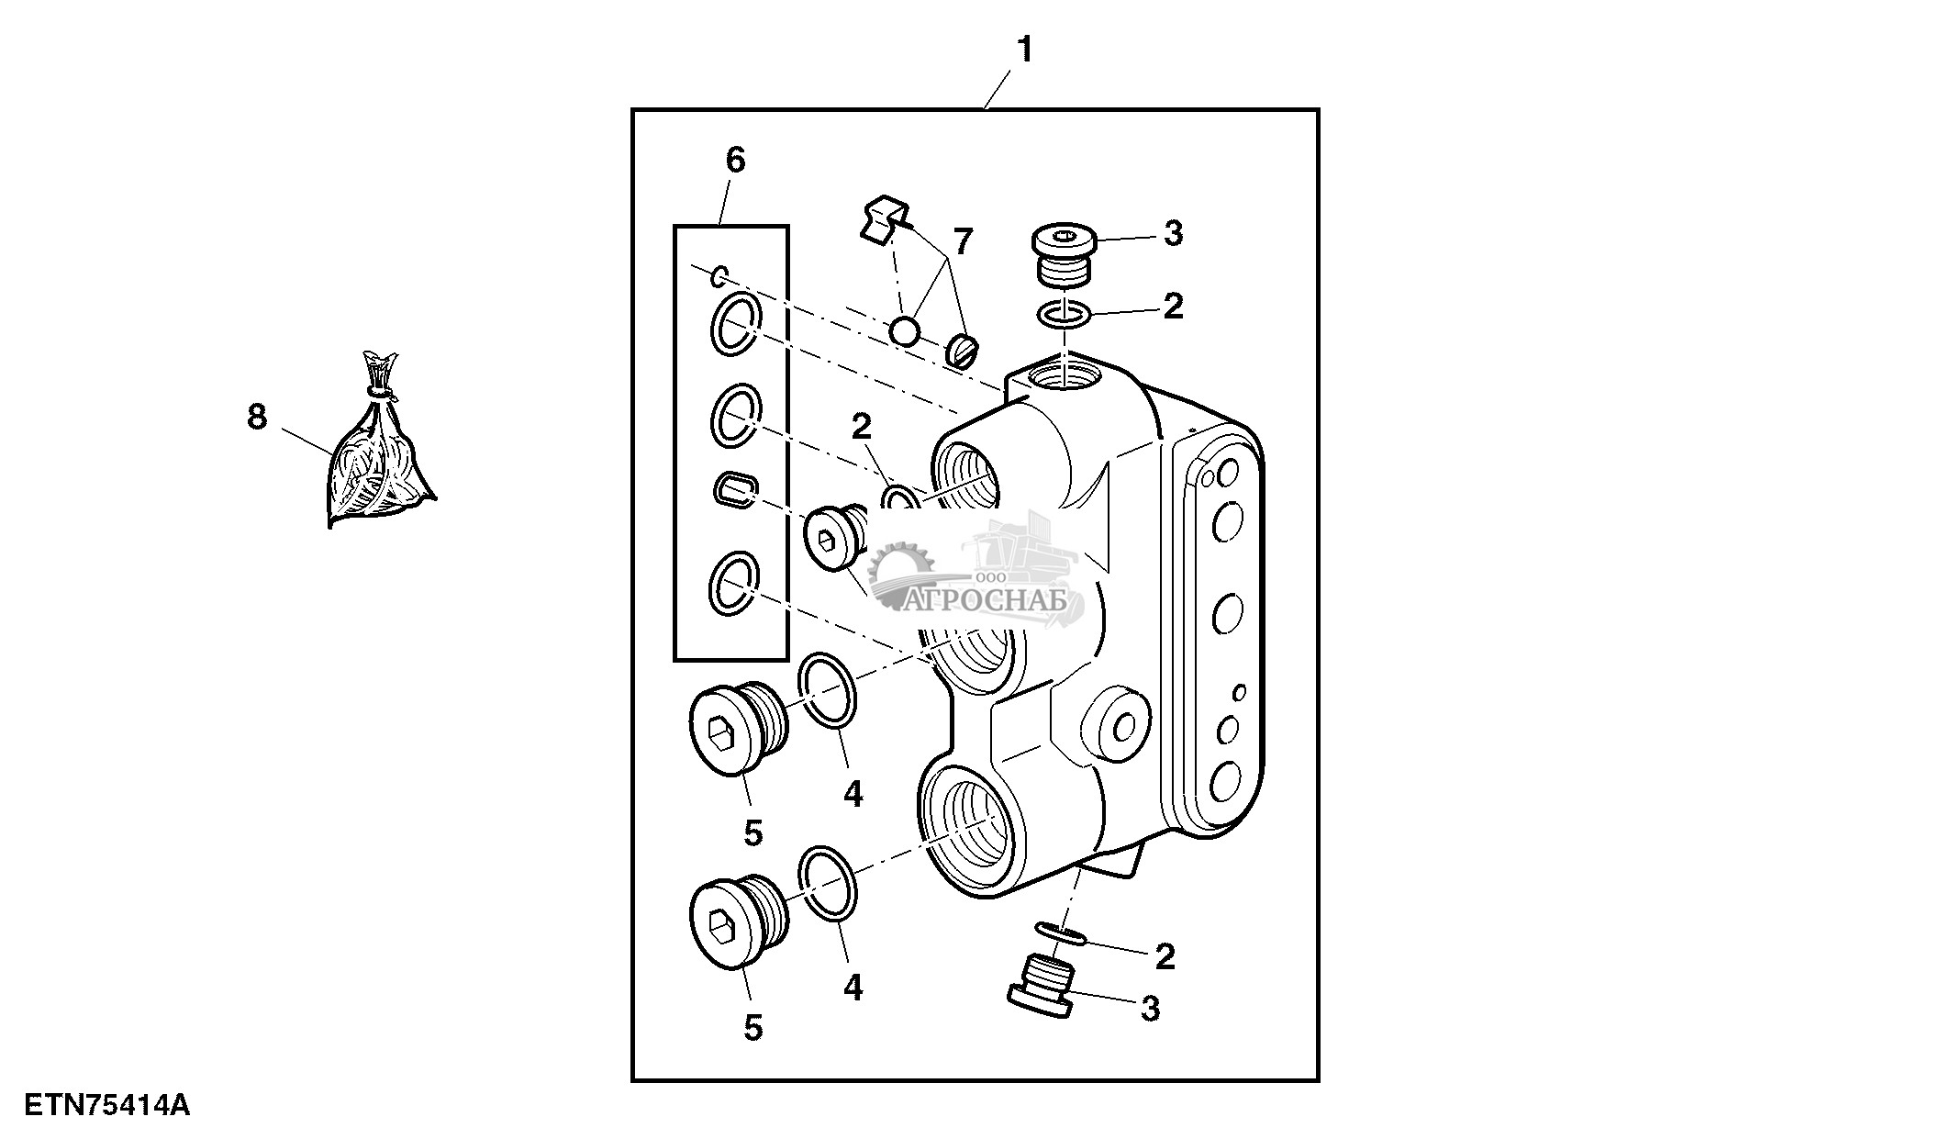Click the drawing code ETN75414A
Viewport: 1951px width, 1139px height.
[x=106, y=1104]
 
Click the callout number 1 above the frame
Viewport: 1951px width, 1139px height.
[x=1024, y=50]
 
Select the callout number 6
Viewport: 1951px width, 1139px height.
[x=735, y=161]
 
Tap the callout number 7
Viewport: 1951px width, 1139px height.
[x=961, y=242]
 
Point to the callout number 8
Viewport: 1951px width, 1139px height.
[x=257, y=418]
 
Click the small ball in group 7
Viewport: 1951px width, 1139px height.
[x=904, y=331]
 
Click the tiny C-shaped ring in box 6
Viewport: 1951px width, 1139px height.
[x=721, y=274]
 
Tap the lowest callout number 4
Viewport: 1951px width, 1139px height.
[x=853, y=988]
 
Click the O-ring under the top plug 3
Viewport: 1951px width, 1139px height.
[x=1065, y=316]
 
